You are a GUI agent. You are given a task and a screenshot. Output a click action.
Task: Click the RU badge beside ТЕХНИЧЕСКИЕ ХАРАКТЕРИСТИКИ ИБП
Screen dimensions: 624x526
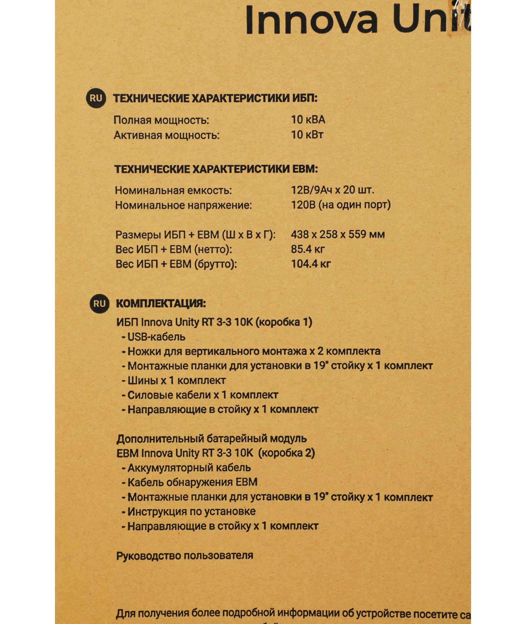(96, 98)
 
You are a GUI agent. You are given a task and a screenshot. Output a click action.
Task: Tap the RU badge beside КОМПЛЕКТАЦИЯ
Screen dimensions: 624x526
(99, 304)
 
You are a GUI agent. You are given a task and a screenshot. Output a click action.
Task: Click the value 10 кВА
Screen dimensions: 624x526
(308, 119)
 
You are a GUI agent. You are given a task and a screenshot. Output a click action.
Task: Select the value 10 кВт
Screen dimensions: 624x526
(307, 135)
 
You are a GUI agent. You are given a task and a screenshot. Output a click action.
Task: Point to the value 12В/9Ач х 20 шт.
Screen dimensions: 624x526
(332, 190)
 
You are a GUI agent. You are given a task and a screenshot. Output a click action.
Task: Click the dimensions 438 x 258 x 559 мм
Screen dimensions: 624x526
(337, 234)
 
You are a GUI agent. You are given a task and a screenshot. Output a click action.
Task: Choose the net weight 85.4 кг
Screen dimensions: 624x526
(307, 249)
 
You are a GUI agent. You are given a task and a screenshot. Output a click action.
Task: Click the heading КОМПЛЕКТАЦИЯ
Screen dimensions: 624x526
(161, 304)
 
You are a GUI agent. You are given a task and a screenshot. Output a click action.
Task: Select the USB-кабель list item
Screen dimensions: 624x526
(156, 337)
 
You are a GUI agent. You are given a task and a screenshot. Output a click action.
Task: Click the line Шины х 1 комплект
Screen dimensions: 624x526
(176, 380)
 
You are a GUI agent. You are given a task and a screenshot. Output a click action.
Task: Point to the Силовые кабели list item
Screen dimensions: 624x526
(202, 395)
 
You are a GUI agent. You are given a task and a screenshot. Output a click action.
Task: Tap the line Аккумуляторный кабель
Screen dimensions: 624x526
(189, 468)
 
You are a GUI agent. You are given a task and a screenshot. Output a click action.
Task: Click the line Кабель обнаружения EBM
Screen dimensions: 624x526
(192, 482)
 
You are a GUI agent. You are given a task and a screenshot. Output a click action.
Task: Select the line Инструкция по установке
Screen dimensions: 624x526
(191, 511)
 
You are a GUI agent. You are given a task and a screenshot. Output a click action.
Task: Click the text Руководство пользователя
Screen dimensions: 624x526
(184, 556)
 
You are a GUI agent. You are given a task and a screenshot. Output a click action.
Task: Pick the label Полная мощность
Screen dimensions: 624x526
(161, 120)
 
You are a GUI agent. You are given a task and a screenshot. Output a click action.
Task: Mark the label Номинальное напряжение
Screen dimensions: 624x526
(183, 205)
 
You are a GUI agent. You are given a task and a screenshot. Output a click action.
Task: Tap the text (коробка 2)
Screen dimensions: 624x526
(287, 453)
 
